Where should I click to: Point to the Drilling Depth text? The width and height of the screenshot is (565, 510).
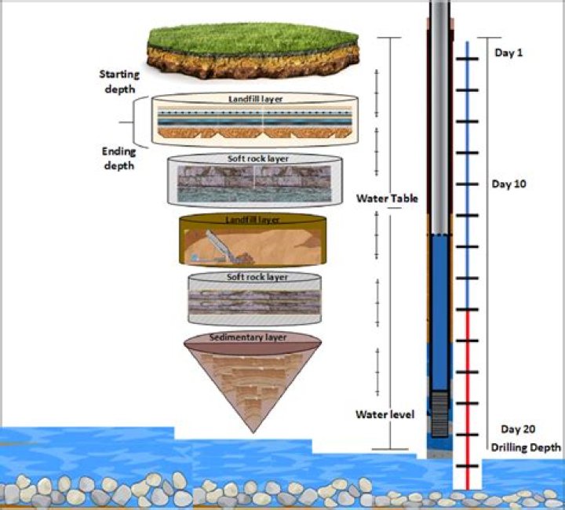click(x=526, y=447)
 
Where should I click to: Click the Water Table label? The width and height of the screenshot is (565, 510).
click(x=386, y=199)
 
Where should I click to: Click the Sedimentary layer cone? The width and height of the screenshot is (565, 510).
click(x=250, y=384)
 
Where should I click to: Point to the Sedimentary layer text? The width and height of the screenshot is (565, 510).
click(x=250, y=338)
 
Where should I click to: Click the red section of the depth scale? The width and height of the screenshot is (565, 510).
click(x=468, y=392)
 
